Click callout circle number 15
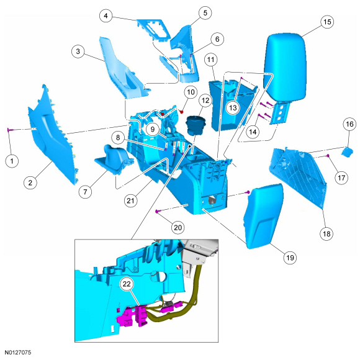(x=327, y=22)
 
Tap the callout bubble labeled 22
(x=127, y=284)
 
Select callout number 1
(x=12, y=161)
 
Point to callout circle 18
(x=326, y=234)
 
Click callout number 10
(x=191, y=92)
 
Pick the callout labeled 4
(x=106, y=16)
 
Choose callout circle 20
(x=178, y=228)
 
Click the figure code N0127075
(x=18, y=352)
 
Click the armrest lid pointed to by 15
(x=285, y=66)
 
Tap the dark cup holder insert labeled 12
(x=195, y=126)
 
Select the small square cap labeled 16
(x=348, y=152)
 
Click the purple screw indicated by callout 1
(x=10, y=130)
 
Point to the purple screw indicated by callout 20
(x=157, y=211)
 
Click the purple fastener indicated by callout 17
(x=328, y=156)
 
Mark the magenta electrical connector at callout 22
(x=132, y=316)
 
